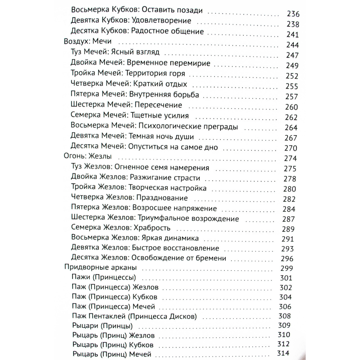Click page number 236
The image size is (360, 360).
point(293,14)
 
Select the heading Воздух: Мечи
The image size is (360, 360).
point(88,41)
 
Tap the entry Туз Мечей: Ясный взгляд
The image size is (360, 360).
point(115,52)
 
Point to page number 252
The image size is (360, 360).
point(292,76)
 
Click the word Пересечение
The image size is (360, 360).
point(158,105)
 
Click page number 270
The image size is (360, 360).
point(291,148)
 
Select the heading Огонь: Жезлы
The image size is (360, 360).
point(88,156)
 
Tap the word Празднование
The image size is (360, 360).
point(162,198)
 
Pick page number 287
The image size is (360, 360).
point(289,219)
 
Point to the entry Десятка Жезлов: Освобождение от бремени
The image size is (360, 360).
point(148,258)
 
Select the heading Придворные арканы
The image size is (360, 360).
point(101,267)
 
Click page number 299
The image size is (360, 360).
point(287,268)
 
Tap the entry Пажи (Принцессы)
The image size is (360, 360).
point(104,277)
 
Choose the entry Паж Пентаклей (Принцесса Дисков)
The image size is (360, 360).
point(134,316)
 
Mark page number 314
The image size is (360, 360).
point(283,353)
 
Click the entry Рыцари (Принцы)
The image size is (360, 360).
point(102,325)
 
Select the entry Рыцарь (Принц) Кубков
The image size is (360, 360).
point(113,345)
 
